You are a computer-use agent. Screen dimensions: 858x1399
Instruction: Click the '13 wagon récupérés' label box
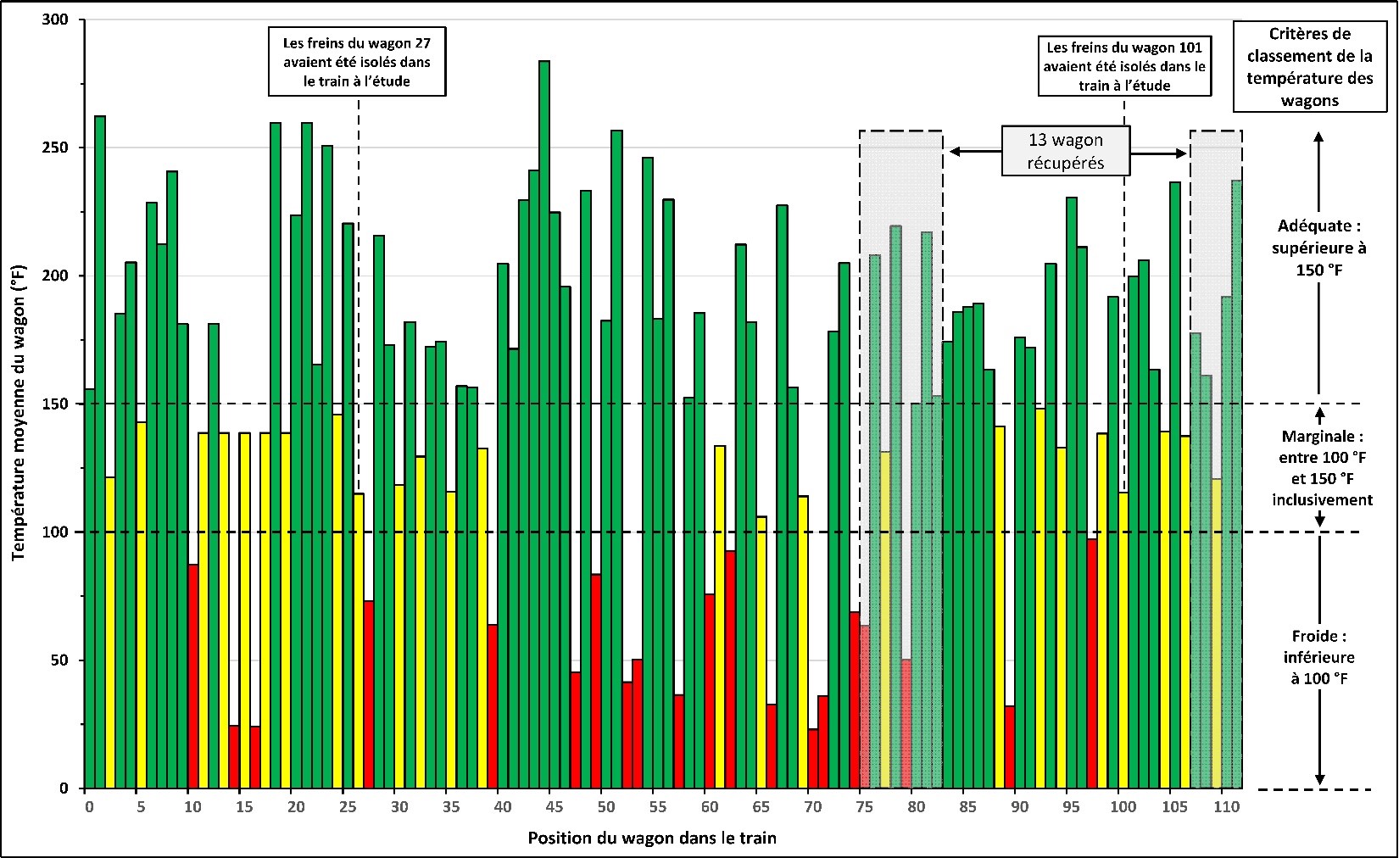1066,152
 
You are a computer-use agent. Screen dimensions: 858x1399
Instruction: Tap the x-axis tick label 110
1223,806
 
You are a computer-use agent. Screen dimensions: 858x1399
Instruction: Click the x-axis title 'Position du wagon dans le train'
652,838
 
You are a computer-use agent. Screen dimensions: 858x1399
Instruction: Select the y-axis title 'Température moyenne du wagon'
19,412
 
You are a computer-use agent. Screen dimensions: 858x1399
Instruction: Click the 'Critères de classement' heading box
1310,67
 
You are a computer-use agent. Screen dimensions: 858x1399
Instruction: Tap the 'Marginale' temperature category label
1322,468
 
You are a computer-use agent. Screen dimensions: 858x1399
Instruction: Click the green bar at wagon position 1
100,449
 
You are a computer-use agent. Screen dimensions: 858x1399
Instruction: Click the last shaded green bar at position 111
1237,483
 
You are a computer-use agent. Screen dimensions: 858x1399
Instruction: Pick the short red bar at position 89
1010,746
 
